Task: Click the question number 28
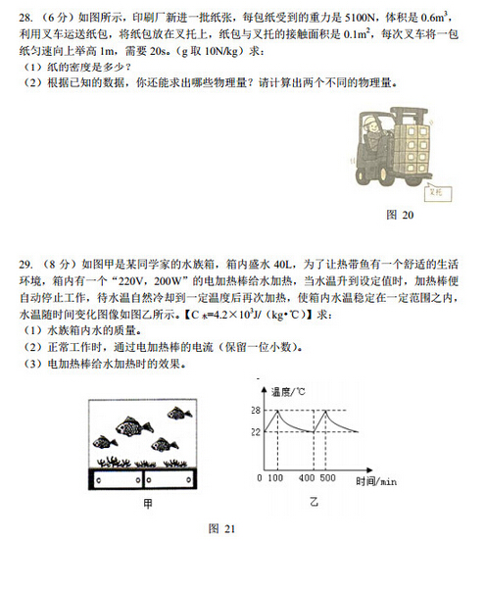point(25,18)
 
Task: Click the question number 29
point(25,265)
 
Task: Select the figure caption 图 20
point(400,215)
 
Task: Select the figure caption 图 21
point(221,528)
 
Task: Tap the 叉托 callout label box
point(438,192)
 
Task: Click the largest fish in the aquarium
point(134,426)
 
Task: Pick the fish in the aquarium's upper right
point(179,413)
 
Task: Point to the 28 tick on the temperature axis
point(256,411)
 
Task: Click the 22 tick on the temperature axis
point(256,431)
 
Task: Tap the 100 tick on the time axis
point(275,478)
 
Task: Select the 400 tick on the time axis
point(307,478)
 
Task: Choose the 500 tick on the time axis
point(327,478)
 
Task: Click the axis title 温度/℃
point(288,391)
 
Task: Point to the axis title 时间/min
point(376,481)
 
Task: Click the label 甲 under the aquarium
point(148,503)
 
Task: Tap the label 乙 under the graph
point(314,502)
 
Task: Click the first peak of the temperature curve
point(278,411)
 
